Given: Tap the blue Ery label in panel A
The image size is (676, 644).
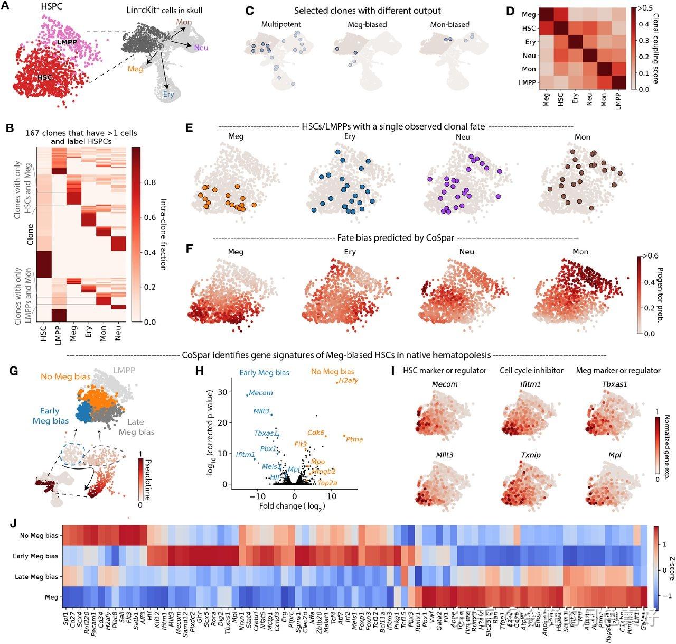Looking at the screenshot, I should click(x=168, y=94).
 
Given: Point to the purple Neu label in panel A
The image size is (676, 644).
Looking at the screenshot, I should click(x=201, y=48).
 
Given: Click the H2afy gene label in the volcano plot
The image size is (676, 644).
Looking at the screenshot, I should click(x=348, y=381).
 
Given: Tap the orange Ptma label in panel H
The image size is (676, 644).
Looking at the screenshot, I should click(x=354, y=439).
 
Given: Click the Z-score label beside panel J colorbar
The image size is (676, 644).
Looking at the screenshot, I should click(x=670, y=568).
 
